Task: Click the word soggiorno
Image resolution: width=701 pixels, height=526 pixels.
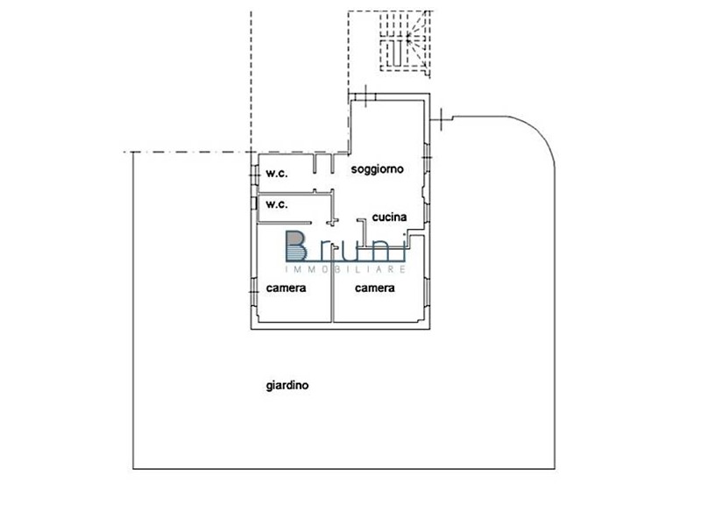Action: (378, 169)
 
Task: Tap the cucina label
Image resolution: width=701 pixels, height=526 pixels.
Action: (389, 217)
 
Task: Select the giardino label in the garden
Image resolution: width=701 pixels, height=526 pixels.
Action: (287, 385)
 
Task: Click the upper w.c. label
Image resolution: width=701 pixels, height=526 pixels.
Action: (277, 174)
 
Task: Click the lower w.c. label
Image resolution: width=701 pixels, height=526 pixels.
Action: (277, 204)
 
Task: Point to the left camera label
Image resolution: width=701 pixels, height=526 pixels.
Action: (287, 288)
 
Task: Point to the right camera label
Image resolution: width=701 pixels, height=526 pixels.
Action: (375, 288)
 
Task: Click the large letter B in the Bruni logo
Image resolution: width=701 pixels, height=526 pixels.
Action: (296, 245)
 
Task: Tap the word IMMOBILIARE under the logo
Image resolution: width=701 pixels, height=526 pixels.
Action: (345, 269)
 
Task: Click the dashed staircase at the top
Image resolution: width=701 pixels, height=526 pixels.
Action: (406, 41)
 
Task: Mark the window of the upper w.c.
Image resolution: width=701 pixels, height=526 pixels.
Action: (254, 174)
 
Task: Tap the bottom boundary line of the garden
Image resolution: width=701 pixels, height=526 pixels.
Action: (343, 469)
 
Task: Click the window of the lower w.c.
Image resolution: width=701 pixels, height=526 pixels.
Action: (254, 203)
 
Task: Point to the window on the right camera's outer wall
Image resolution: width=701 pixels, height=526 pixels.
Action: (427, 292)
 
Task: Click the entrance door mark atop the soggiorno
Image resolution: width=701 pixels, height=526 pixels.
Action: (365, 96)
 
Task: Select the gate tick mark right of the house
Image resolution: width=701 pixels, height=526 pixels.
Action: (442, 119)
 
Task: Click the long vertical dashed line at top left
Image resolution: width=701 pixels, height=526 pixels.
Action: (251, 82)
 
